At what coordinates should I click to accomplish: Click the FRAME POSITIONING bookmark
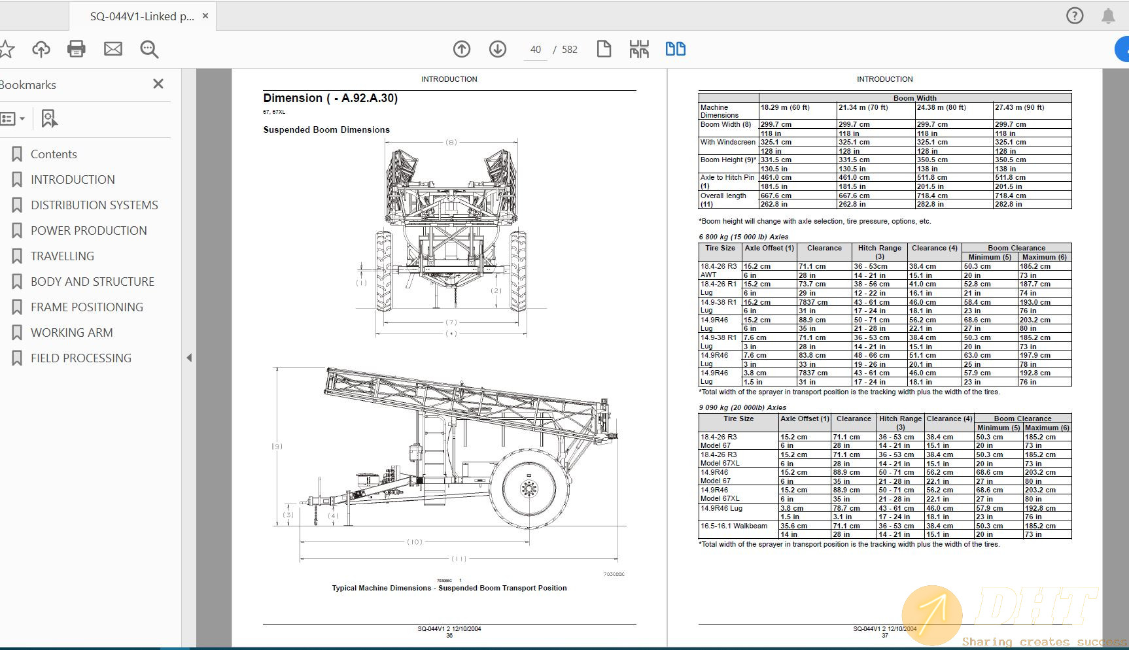tap(86, 307)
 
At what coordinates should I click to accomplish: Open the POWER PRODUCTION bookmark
tap(88, 231)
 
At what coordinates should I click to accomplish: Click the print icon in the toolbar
tap(77, 49)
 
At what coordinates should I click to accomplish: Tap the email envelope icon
tap(113, 49)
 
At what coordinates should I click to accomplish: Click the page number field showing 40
tap(536, 50)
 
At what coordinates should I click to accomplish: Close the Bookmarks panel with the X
tap(158, 84)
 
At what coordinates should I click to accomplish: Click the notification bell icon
tap(1108, 16)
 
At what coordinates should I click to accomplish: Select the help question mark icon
tap(1075, 16)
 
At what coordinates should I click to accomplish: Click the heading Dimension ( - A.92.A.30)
tap(330, 98)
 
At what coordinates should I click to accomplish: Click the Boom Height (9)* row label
tap(727, 160)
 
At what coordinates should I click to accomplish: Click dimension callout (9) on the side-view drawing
tap(277, 447)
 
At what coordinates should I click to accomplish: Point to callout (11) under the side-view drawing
tap(459, 559)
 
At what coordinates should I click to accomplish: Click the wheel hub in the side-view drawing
tap(529, 488)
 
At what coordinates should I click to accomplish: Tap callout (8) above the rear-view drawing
tap(451, 142)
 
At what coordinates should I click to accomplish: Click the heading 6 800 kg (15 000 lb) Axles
tap(744, 237)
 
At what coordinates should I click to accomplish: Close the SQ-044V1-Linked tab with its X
tap(205, 16)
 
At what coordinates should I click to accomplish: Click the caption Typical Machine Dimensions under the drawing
tap(449, 588)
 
